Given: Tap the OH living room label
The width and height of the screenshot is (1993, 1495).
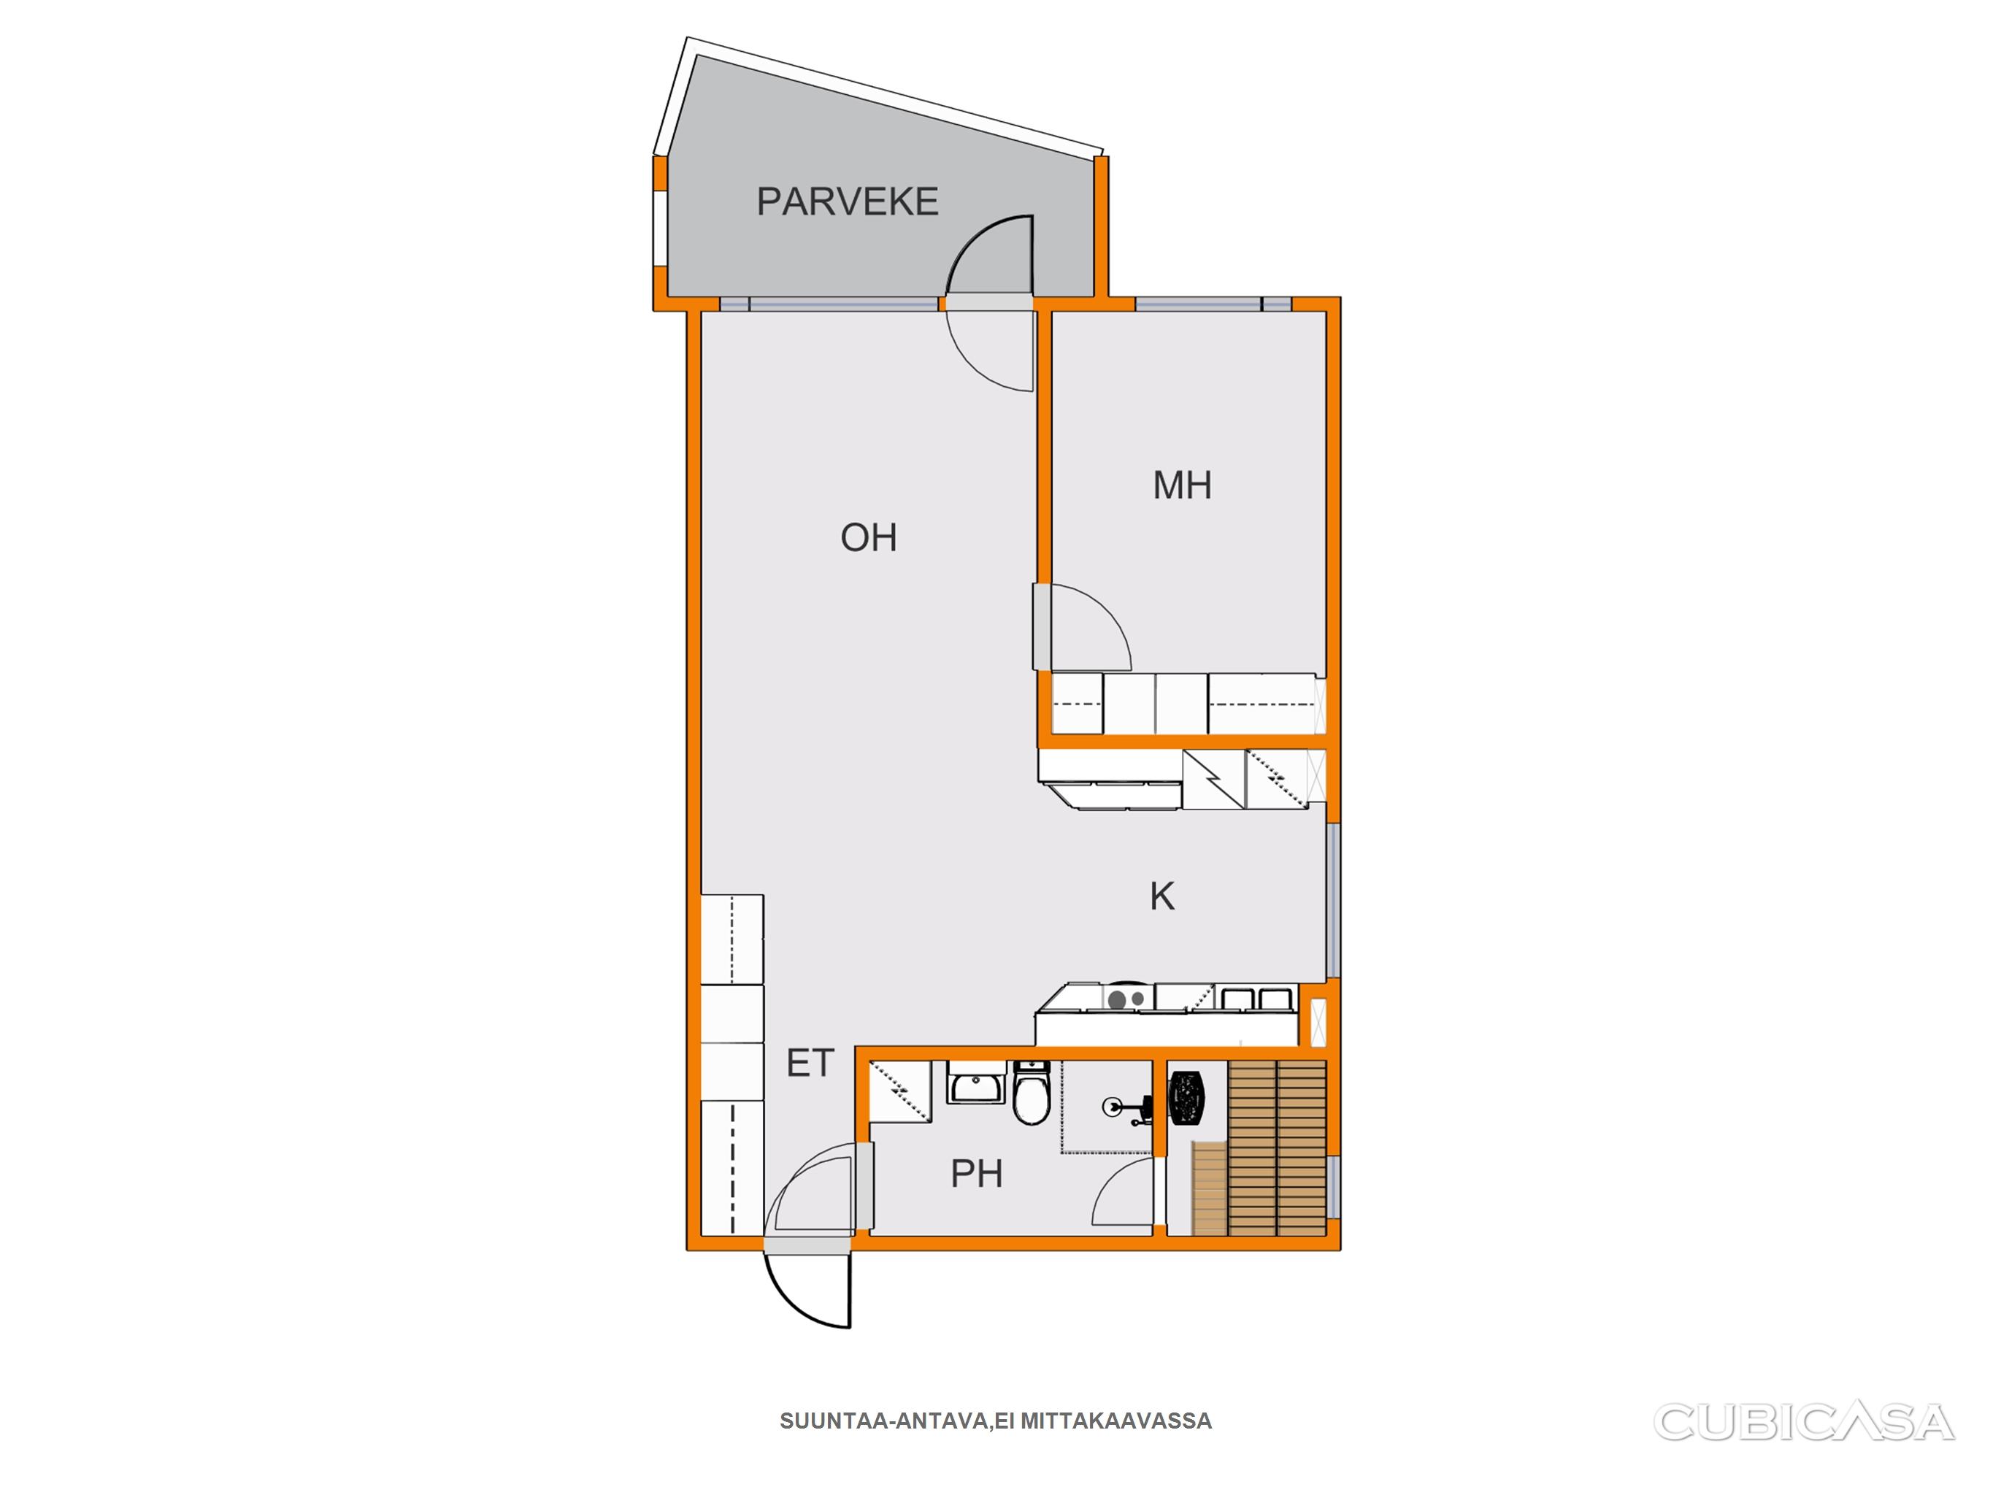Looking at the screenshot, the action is coord(869,537).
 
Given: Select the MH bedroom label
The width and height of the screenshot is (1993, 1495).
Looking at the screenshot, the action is coord(1182,485).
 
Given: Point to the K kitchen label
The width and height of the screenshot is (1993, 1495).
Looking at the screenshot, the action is coord(1162,896).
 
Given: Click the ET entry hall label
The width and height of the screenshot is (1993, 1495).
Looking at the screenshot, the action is coord(810,1064).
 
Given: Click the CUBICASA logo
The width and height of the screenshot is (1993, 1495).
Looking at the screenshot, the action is coord(1804,1422).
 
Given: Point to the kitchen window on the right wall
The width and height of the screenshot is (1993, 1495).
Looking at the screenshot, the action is coord(1334,900).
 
